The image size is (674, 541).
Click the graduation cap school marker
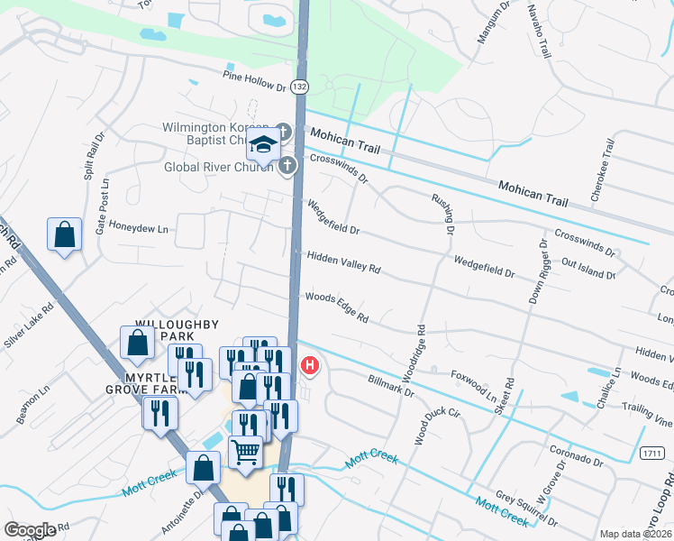tap(264, 143)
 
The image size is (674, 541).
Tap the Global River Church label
tap(218, 167)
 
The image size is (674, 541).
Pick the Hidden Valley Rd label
tap(343, 263)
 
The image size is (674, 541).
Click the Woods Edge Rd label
tap(337, 307)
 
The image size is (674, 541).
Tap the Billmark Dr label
tap(390, 386)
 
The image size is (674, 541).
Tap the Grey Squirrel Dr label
tap(526, 509)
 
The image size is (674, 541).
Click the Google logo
tap(30, 530)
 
